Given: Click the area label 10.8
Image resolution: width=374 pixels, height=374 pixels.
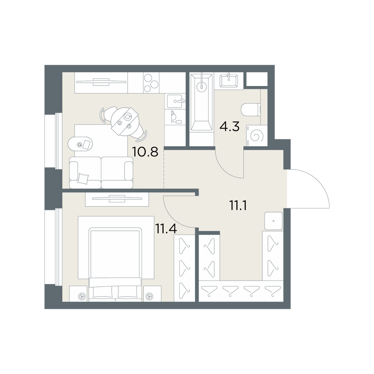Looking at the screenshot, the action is pyautogui.click(x=145, y=152).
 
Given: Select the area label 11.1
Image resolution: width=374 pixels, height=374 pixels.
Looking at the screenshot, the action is pyautogui.click(x=238, y=205).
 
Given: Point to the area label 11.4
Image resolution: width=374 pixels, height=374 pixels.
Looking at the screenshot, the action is pyautogui.click(x=166, y=229).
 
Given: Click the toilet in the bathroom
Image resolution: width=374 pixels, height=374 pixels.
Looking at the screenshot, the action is pyautogui.click(x=251, y=110).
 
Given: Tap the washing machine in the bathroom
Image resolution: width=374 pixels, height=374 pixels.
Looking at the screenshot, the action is pyautogui.click(x=257, y=135).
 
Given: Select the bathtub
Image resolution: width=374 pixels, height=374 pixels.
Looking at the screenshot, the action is pyautogui.click(x=202, y=102).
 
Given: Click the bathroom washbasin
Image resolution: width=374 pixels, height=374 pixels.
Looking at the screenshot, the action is pyautogui.click(x=229, y=81).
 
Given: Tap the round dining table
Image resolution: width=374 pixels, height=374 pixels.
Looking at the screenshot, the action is pyautogui.click(x=125, y=122).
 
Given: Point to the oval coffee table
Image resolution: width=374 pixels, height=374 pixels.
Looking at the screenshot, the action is pyautogui.click(x=80, y=144).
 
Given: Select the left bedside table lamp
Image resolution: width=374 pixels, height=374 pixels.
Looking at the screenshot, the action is pyautogui.click(x=82, y=296).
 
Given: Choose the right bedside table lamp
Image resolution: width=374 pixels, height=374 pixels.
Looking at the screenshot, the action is pyautogui.click(x=150, y=296).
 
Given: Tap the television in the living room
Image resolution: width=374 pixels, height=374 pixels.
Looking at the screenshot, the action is pyautogui.click(x=101, y=82).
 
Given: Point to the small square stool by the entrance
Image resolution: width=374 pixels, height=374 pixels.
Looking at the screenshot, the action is pyautogui.click(x=273, y=221).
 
